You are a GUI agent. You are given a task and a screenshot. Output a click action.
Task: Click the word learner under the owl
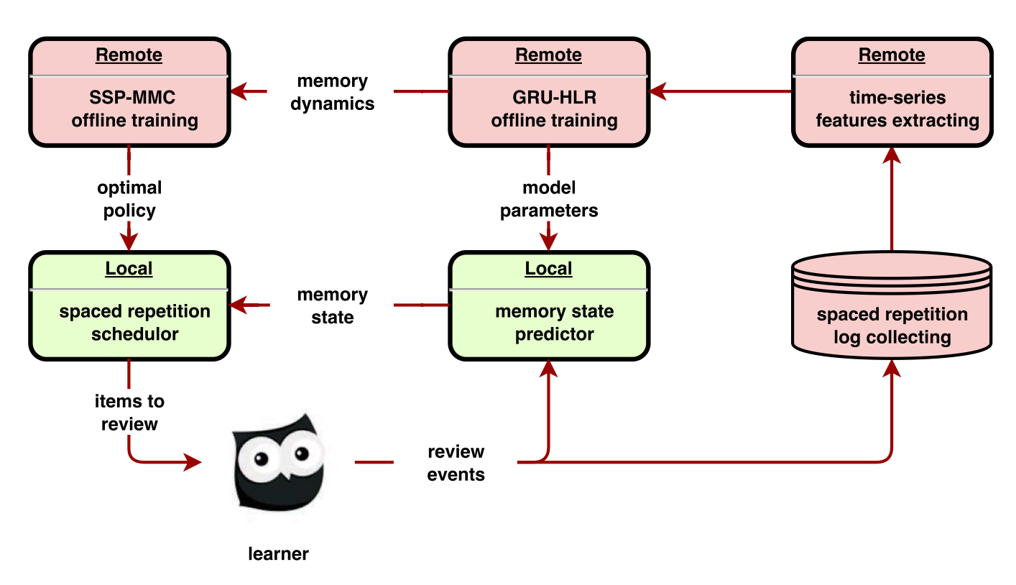278,554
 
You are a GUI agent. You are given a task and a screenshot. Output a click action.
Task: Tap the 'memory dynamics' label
332,92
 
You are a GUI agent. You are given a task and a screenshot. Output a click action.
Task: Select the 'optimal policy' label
129,199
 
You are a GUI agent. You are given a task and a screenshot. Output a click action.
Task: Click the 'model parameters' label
549,199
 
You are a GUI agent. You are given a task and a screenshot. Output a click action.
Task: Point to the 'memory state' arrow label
332,305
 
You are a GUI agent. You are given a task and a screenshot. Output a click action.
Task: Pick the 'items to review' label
129,413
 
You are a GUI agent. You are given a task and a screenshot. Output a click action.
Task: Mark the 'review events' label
456,463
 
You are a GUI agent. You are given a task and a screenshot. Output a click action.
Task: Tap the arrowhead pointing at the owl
194,462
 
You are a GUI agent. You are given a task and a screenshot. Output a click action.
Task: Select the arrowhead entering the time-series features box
892,154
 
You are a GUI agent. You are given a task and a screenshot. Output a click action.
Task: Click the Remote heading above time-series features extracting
892,55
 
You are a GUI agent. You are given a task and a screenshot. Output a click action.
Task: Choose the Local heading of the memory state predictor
549,269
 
